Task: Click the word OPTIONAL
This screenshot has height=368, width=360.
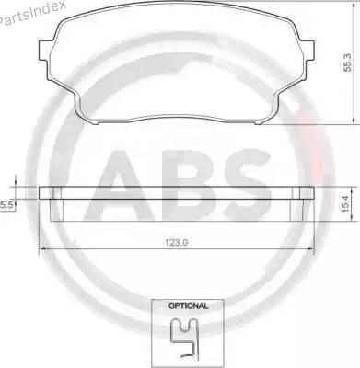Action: (189, 305)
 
